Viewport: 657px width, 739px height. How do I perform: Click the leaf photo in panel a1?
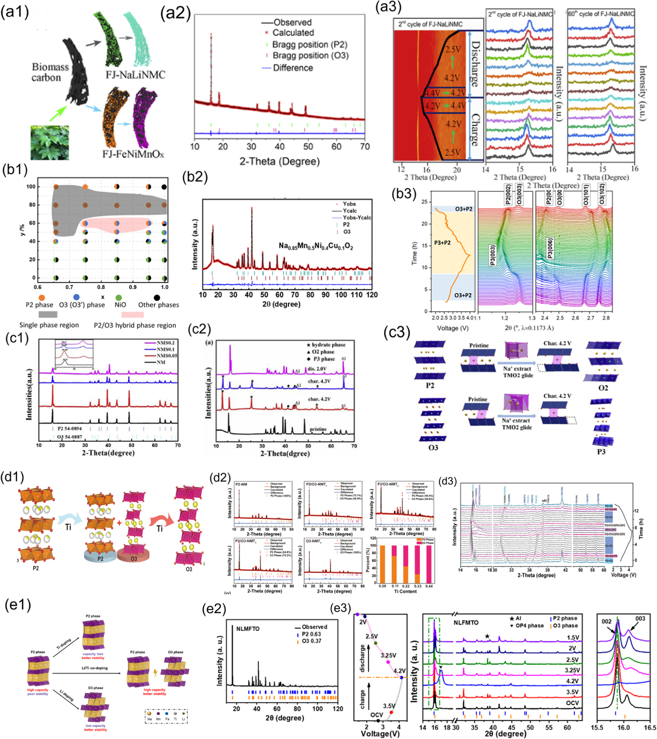tap(50, 142)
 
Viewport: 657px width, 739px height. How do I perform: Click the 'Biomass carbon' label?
tap(46, 72)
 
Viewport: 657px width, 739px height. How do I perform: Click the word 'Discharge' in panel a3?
tap(475, 64)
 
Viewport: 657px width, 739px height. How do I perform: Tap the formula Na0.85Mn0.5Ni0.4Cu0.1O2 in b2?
tap(315, 246)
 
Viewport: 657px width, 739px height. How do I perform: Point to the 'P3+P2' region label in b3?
tap(442, 243)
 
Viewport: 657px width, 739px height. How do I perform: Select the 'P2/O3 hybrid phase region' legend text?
tap(135, 325)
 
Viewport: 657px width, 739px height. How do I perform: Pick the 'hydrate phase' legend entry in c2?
tap(328, 345)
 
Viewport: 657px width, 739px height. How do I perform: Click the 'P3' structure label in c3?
tap(601, 451)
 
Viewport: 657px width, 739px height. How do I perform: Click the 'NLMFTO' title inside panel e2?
tap(248, 629)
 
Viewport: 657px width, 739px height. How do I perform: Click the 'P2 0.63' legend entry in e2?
tap(310, 634)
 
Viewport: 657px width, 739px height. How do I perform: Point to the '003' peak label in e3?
tap(640, 619)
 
